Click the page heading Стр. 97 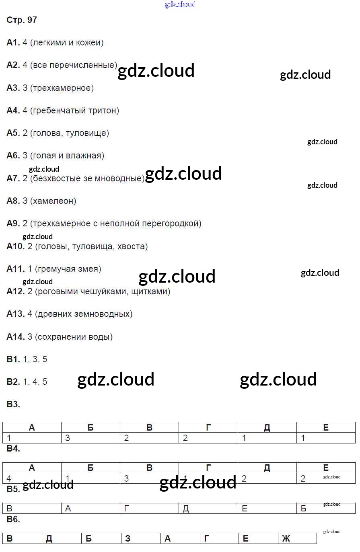(x=22, y=20)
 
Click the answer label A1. (x=13, y=43)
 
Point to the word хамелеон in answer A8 (x=53, y=201)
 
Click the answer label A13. (x=16, y=314)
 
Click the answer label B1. (x=13, y=359)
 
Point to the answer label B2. (x=13, y=382)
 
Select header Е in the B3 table (x=326, y=428)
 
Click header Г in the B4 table (x=208, y=468)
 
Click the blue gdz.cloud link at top (x=180, y=4)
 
